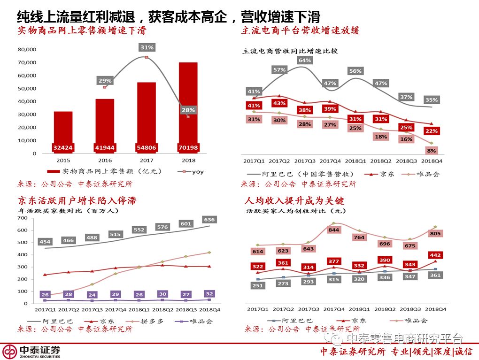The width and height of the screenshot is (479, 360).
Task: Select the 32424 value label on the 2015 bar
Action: (x=63, y=147)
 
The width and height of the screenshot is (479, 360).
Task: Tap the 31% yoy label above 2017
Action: (x=147, y=47)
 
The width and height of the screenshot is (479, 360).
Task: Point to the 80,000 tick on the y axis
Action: (x=27, y=49)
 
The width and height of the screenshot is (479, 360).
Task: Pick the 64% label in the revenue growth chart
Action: (x=304, y=60)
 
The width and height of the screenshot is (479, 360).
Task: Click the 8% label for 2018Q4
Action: (x=432, y=151)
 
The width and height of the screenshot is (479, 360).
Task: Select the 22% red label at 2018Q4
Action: (x=432, y=131)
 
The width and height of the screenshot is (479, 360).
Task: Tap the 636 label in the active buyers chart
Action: (x=209, y=219)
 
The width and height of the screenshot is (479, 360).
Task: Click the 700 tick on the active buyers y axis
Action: (x=22, y=218)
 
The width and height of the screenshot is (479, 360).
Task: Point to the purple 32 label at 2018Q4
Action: (x=209, y=294)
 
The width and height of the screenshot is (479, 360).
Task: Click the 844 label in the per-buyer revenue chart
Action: (x=334, y=230)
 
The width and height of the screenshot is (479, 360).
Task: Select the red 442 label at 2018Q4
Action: (x=435, y=255)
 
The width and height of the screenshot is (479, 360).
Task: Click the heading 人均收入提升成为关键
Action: (x=294, y=201)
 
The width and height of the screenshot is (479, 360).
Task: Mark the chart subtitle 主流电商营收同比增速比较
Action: (x=290, y=51)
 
